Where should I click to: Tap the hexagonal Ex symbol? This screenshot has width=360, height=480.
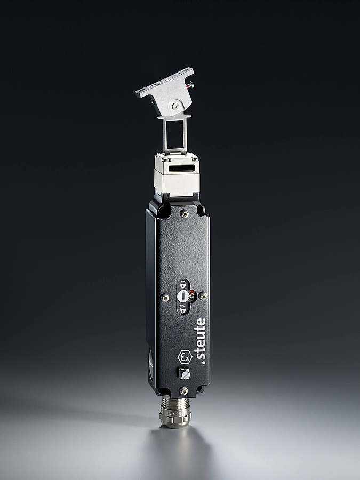point(185,357)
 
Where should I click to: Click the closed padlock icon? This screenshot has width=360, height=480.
point(183,285)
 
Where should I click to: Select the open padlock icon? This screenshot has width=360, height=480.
point(183,309)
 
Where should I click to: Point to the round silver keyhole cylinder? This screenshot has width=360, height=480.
point(182,296)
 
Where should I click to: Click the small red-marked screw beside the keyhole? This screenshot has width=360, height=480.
point(191,295)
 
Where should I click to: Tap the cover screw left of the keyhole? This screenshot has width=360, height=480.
point(164,297)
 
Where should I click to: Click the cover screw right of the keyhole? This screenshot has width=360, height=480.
point(202,295)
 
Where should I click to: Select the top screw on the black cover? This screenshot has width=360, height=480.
point(185,214)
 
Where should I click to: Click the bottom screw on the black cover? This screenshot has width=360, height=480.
point(183,390)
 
